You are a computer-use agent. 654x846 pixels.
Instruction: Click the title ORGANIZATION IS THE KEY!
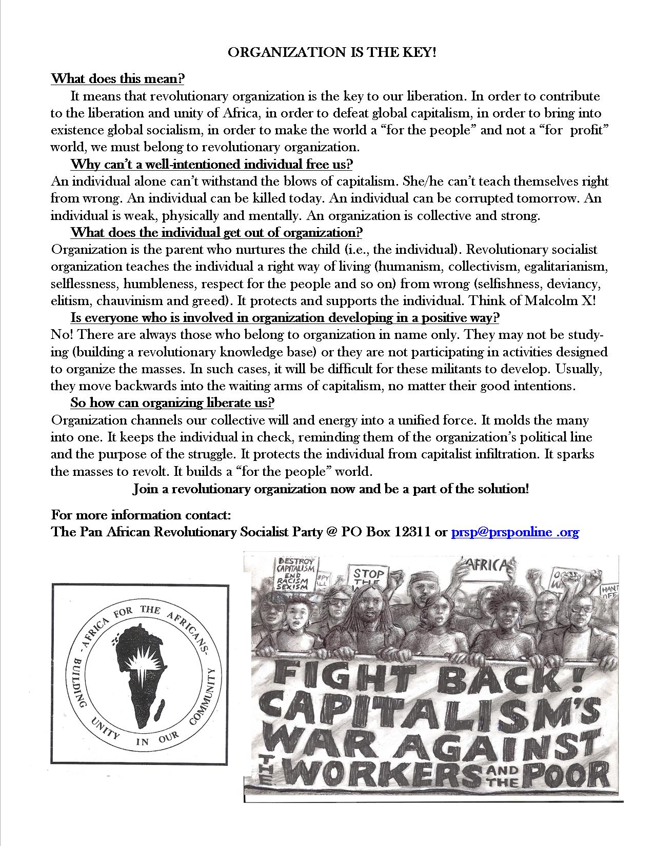[x=332, y=52]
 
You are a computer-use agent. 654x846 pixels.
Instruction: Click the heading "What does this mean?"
[x=117, y=79]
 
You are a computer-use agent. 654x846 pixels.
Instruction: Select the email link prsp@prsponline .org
[x=514, y=532]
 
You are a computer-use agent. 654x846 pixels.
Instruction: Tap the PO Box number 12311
[x=412, y=532]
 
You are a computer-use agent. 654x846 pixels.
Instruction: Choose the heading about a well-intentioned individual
[x=211, y=165]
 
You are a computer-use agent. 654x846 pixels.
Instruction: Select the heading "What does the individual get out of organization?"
[x=216, y=232]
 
